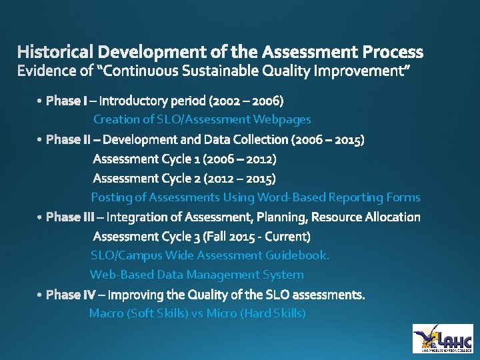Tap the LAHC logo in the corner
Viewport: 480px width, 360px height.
pos(442,338)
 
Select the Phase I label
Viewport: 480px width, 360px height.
pos(66,101)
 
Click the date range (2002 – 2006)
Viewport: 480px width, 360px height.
pos(246,101)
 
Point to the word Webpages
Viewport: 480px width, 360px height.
pos(282,119)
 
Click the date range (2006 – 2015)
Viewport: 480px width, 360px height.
pos(327,140)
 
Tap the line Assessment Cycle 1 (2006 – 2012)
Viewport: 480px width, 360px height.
pos(185,159)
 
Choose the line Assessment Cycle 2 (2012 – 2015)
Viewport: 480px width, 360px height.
pos(185,178)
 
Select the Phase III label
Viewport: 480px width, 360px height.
pos(70,217)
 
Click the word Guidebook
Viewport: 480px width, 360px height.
pos(297,255)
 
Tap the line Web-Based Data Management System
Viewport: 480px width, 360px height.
pos(197,275)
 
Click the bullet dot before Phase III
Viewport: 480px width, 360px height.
pos(41,218)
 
